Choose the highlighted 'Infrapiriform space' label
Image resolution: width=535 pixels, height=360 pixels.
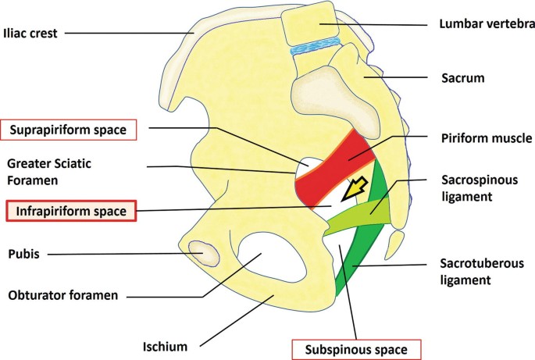(70, 210)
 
